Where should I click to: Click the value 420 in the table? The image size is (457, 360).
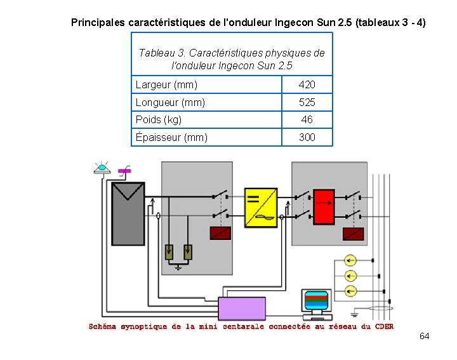307,84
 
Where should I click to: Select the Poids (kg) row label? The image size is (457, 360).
159,119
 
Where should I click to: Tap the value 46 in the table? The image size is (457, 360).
307,119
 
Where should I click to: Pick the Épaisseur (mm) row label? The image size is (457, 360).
171,137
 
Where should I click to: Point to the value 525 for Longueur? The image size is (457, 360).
307,102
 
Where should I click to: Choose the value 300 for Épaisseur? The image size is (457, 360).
307,137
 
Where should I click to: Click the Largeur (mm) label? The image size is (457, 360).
166,84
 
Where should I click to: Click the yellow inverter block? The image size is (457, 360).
261,206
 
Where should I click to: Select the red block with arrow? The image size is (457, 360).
324,207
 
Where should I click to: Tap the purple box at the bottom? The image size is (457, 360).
242,309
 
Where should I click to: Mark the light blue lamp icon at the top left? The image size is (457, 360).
102,168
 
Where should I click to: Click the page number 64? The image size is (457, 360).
425,335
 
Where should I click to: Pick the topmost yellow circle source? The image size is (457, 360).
350,260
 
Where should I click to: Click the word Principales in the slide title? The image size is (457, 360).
98,23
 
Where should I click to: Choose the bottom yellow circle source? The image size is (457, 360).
350,291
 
